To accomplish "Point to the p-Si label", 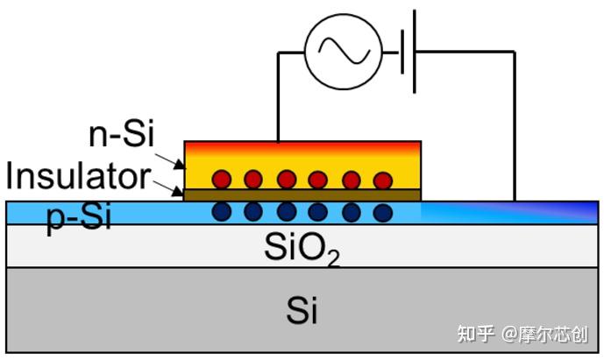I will pos(78,217).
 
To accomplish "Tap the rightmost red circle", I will pos(382,180).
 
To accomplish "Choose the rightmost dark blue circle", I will pos(381,212).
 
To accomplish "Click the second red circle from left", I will pos(253,180).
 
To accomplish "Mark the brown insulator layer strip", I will pos(302,195).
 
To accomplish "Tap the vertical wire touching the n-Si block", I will pos(278,96).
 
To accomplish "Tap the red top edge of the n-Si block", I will pos(302,145).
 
